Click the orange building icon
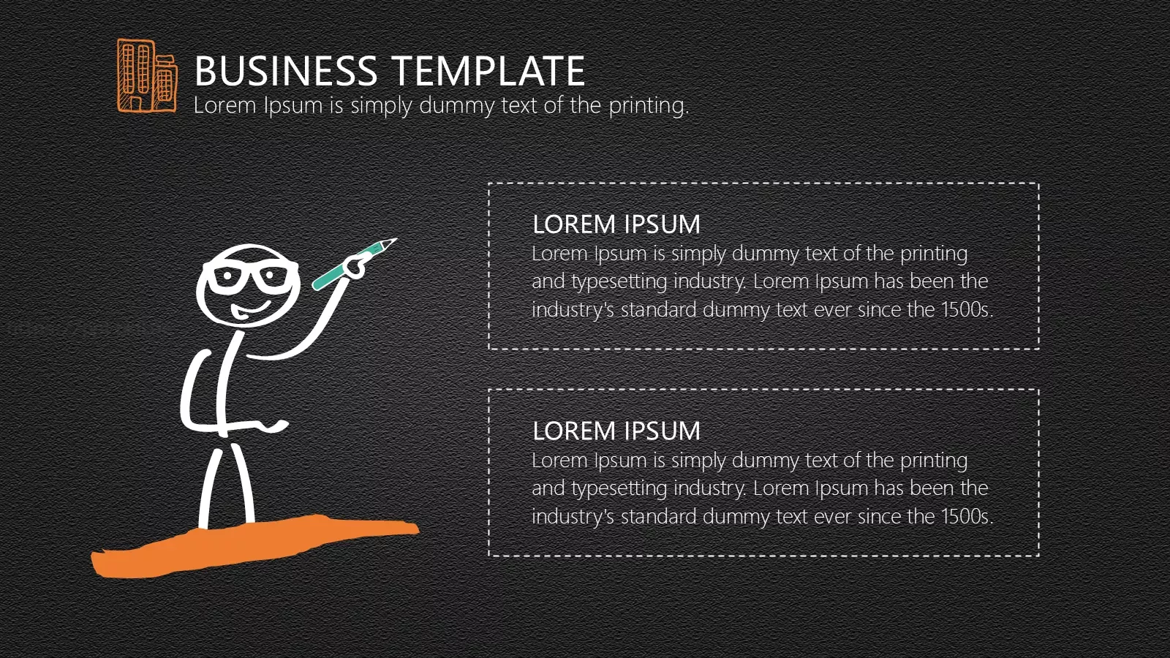(x=147, y=76)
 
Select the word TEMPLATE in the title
(x=488, y=70)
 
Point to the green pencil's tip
(x=396, y=239)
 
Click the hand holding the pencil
(x=356, y=265)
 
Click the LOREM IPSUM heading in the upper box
(x=616, y=224)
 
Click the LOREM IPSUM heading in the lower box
(x=616, y=431)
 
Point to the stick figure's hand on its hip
(x=277, y=426)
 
